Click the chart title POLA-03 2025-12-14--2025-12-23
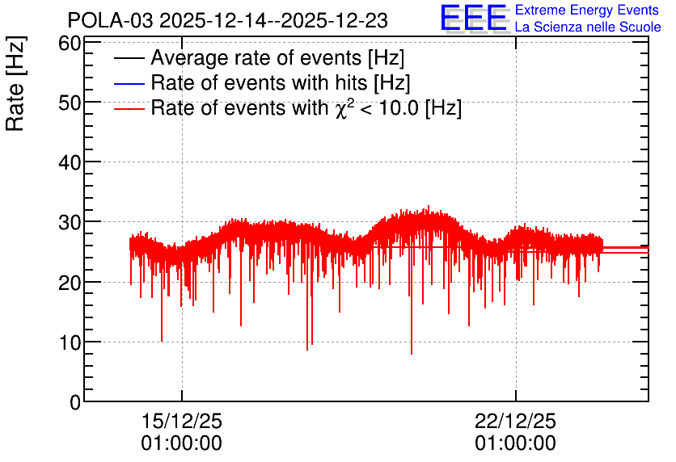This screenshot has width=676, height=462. coord(228,20)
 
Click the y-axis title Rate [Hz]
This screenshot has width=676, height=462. coord(15,83)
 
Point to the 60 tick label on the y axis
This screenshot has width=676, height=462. coord(70,43)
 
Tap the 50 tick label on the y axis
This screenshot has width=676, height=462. coord(70,103)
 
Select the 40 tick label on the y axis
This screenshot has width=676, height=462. coord(70,163)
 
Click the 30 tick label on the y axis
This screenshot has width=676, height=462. coord(70,223)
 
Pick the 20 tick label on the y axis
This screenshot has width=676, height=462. coord(70,283)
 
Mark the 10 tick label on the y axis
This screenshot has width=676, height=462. coord(70,342)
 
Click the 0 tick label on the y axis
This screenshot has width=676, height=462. coord(75,402)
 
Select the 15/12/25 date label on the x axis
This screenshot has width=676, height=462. coord(181,421)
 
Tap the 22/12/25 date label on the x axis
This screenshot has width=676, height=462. coord(516,421)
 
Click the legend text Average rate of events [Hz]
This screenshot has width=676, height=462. coord(277,58)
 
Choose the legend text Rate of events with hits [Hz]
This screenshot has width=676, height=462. coord(281,82)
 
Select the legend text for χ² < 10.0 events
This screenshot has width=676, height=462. coord(306,107)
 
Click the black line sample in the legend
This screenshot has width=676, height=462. coord(129,58)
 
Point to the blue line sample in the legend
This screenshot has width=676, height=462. coord(129,83)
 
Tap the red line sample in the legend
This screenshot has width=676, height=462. coord(129,108)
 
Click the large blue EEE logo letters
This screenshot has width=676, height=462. coord(474,18)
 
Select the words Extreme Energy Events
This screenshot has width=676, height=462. coord(587,10)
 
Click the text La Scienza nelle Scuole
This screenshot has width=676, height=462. coord(588,27)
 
